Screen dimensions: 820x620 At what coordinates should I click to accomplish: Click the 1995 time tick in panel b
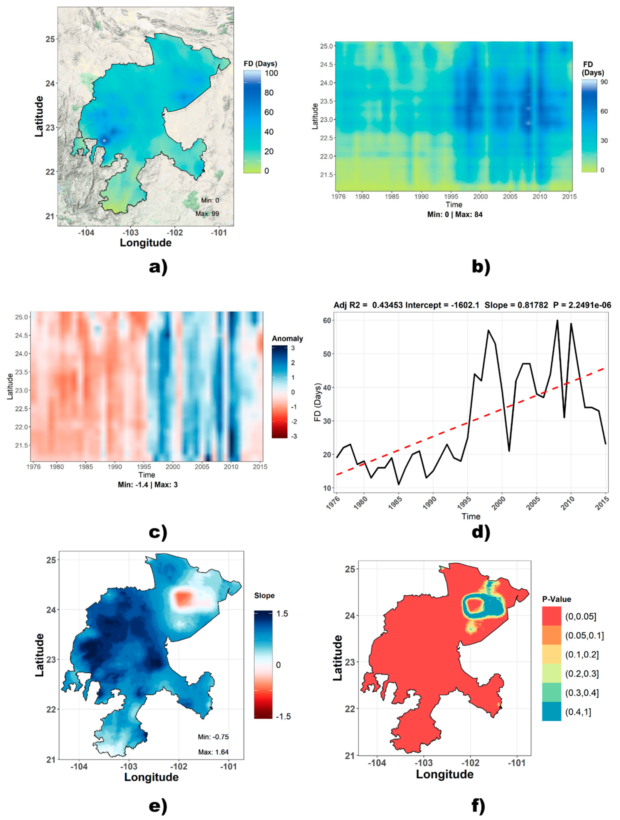click(451, 196)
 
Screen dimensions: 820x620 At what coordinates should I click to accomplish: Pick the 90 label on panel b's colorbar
click(604, 82)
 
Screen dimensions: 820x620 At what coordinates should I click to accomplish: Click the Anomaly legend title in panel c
click(287, 339)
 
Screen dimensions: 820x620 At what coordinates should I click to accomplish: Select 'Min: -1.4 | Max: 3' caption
click(148, 485)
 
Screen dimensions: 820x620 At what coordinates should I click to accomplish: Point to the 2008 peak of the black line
click(557, 320)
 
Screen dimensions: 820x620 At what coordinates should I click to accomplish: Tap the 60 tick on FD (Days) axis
click(327, 320)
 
